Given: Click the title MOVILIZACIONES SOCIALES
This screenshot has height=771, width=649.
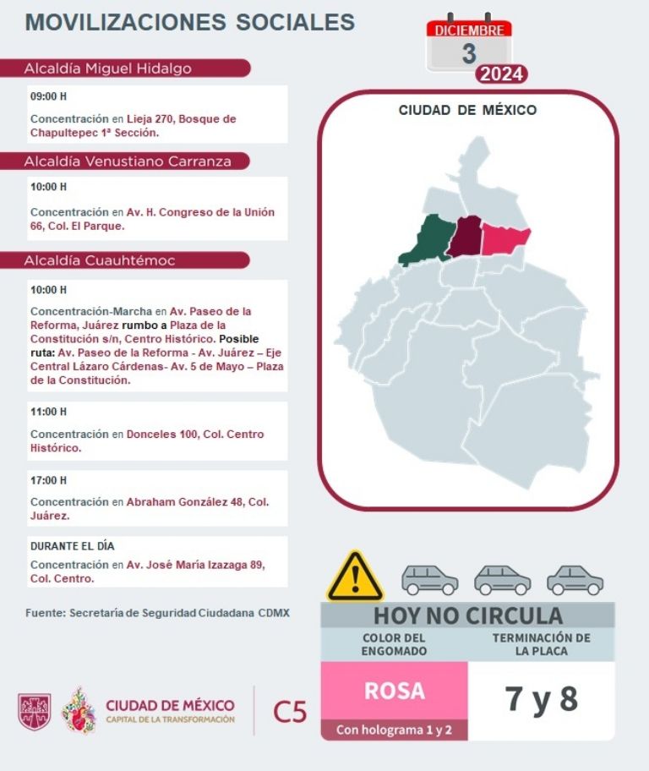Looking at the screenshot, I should (190, 22).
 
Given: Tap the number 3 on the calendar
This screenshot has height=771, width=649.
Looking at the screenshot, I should (469, 53).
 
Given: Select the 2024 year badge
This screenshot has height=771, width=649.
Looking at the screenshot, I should (502, 74).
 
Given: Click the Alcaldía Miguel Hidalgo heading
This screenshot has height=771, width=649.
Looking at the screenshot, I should (108, 68).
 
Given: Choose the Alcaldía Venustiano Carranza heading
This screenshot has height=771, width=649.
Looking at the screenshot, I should (128, 161).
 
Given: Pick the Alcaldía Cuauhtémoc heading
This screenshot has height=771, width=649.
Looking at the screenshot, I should (100, 260).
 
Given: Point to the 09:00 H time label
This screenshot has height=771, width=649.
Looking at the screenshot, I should (48, 96).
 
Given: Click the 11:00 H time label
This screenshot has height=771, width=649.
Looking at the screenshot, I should (48, 412).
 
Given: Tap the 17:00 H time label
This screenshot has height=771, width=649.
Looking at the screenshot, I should (48, 480).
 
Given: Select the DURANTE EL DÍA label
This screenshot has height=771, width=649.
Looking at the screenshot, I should (72, 546).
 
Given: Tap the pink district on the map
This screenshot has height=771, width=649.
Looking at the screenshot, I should (504, 240).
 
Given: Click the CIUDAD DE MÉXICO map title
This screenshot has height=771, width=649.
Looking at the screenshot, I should (467, 110).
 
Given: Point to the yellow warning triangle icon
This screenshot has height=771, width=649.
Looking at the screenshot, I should (355, 577).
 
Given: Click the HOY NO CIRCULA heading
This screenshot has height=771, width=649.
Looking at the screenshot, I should (467, 615).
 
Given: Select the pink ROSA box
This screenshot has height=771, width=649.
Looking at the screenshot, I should (394, 691).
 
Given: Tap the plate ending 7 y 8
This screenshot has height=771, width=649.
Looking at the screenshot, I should (541, 700).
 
